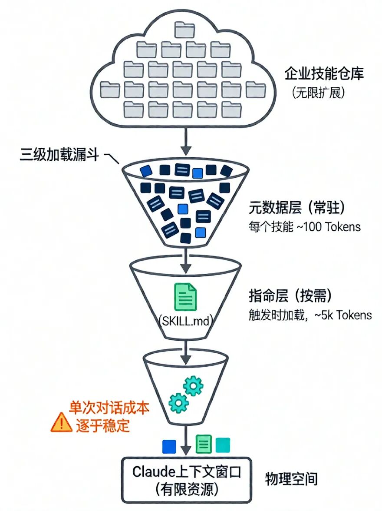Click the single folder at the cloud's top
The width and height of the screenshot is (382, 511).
point(185,30)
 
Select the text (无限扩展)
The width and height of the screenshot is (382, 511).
point(319,93)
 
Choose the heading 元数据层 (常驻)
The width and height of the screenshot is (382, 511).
point(296,208)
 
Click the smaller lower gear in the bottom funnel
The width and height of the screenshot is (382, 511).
point(178,402)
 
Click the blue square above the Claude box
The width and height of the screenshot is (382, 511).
point(169,446)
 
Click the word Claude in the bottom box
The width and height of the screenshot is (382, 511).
point(153,471)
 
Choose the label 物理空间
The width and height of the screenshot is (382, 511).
point(291,479)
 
